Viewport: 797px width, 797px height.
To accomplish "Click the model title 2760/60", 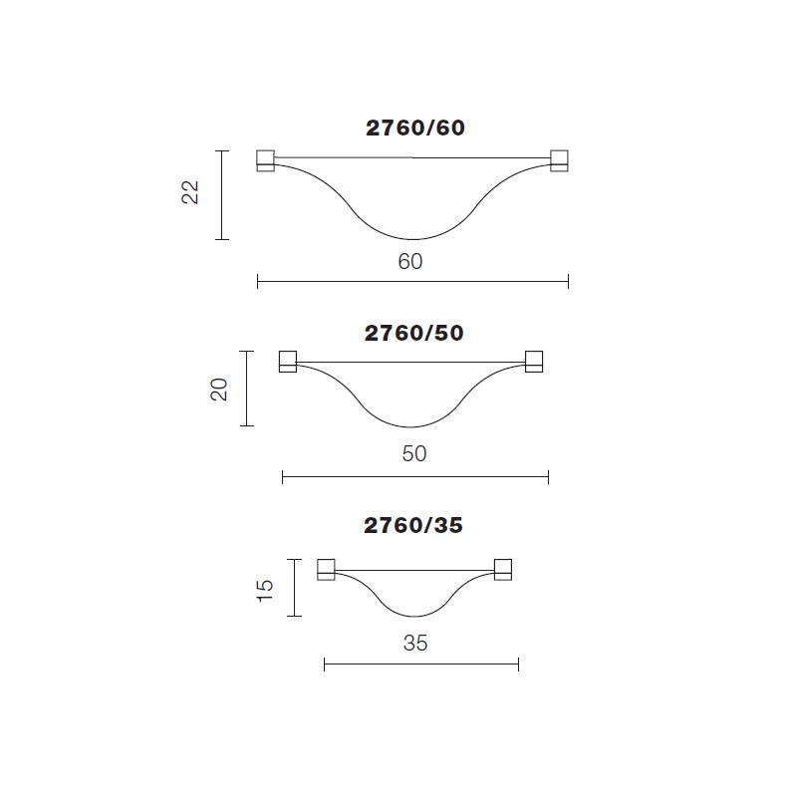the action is pos(415,129).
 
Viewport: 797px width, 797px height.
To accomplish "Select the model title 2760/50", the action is pos(414,334).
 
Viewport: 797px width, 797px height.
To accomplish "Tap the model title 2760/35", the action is pos(413,526).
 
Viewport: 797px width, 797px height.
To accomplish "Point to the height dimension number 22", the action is pos(190,192).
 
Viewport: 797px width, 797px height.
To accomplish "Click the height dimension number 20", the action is pos(219,390).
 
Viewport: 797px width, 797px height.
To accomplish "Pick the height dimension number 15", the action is pos(265,591).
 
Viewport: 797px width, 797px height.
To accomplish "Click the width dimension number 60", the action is pos(410,262).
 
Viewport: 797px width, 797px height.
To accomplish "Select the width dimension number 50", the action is pos(414,454).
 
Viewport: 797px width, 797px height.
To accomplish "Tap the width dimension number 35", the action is pos(415,644).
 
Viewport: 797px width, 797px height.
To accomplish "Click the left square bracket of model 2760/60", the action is pos(266,160).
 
